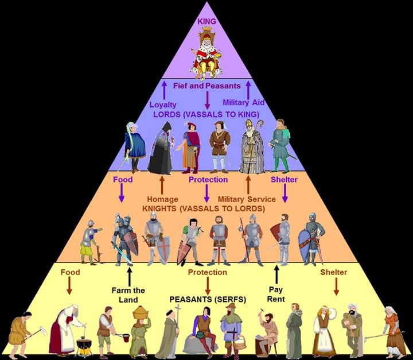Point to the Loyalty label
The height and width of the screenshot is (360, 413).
[163, 104]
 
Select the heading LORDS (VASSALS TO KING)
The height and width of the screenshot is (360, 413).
[206, 113]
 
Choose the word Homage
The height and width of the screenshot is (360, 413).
[162, 199]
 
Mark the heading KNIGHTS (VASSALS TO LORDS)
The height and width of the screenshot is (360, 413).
[206, 208]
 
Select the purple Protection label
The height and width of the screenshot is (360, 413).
[208, 180]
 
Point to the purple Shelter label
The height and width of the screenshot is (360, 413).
[285, 180]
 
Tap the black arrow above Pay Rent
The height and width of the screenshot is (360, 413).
[276, 273]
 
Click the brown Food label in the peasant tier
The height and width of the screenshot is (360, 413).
[70, 272]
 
